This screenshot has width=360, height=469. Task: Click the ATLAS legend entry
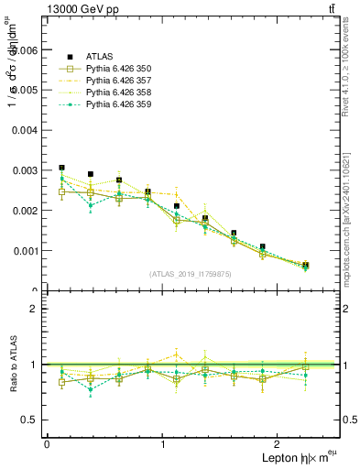click(x=99, y=55)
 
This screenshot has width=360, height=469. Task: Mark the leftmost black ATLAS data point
click(x=61, y=168)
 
